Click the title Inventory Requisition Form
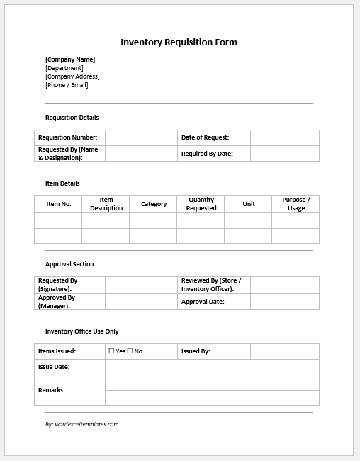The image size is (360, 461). click(179, 42)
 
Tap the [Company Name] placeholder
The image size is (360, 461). click(70, 59)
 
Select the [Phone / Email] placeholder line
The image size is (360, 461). click(67, 85)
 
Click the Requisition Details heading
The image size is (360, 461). click(72, 118)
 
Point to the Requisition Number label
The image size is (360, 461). click(68, 137)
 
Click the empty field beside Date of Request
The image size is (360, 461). click(284, 137)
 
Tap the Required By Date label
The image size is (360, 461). click(207, 154)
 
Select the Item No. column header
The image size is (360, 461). click(59, 204)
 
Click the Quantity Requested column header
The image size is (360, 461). click(201, 204)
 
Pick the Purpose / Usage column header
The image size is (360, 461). click(296, 204)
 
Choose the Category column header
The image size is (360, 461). click(154, 204)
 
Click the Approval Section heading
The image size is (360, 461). click(69, 264)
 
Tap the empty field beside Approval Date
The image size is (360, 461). click(284, 302)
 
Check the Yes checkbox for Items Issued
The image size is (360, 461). click(111, 351)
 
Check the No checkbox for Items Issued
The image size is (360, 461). click(130, 351)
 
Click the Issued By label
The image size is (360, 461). click(196, 351)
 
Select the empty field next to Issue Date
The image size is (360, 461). click(212, 367)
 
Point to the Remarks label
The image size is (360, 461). click(52, 390)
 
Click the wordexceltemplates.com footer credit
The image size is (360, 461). click(81, 424)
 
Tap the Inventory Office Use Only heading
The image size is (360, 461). click(82, 331)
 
